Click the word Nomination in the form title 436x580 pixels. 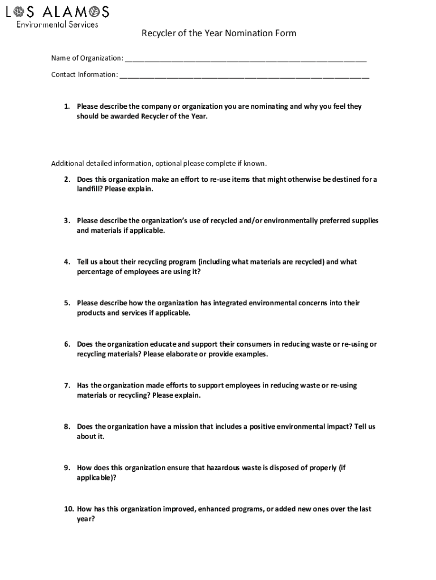point(246,33)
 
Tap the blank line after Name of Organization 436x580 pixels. point(246,59)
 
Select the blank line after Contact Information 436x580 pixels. point(244,75)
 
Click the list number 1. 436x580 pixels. point(66,106)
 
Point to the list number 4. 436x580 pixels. point(66,262)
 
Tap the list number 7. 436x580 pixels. point(66,385)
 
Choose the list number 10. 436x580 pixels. point(68,509)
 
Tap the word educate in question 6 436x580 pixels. point(163,344)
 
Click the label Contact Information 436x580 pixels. point(84,75)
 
